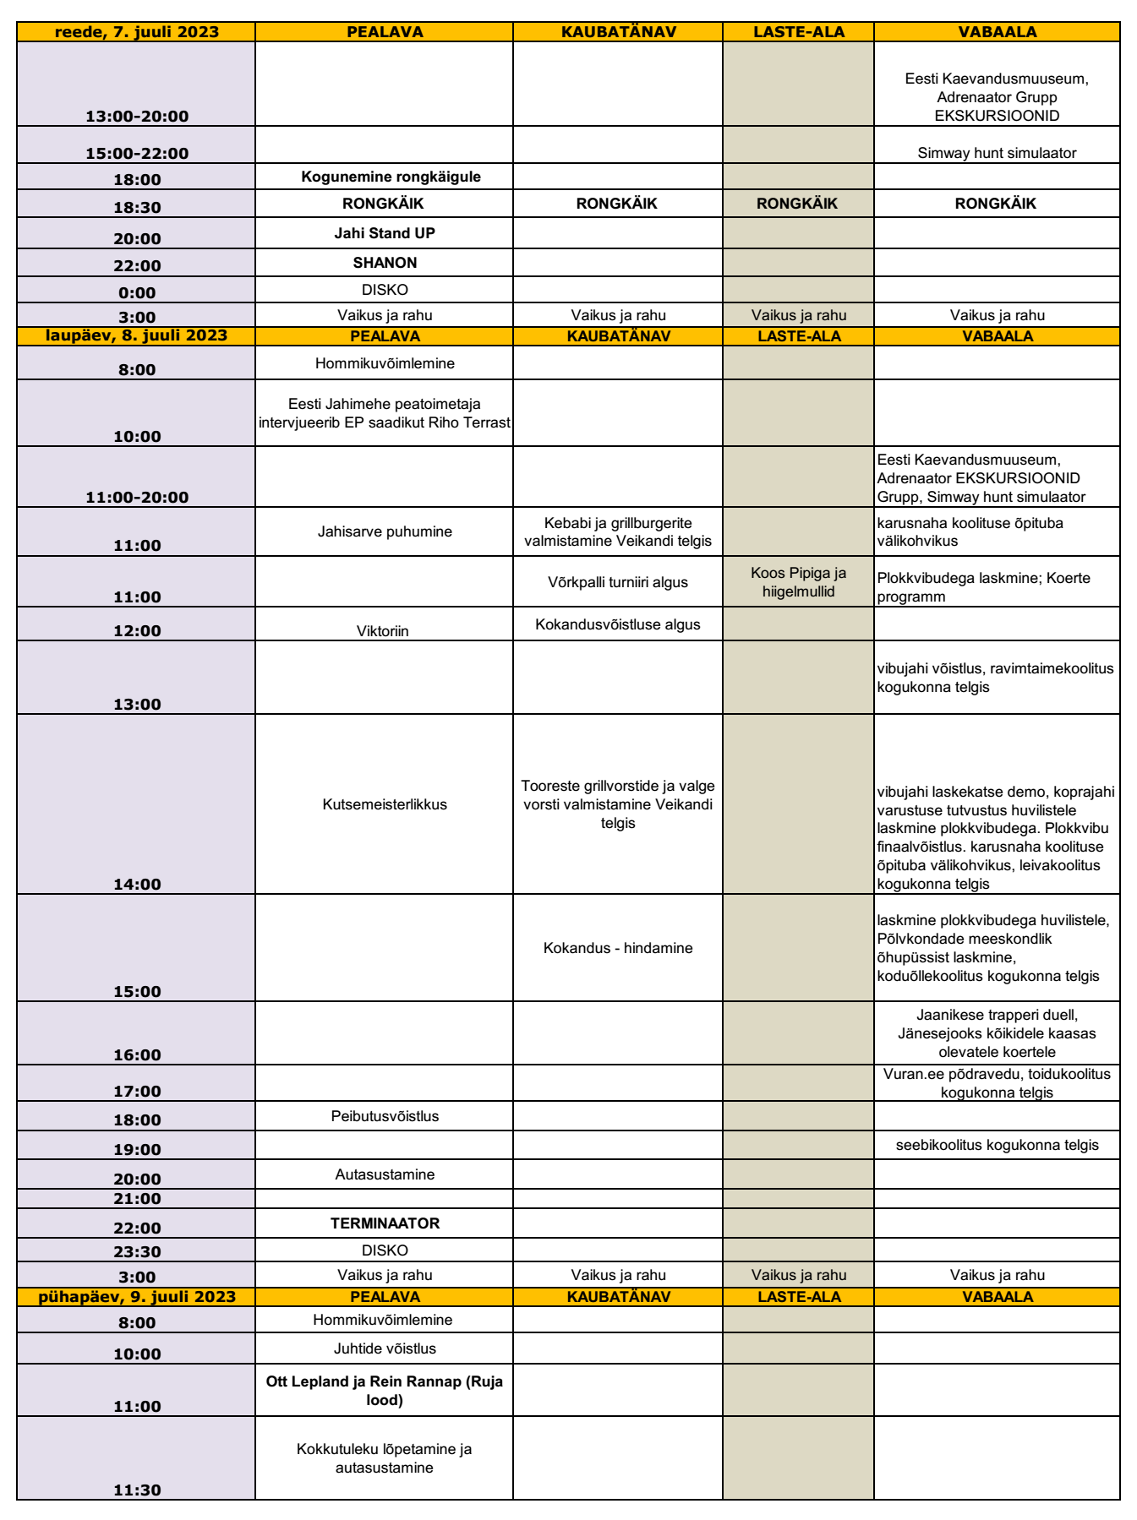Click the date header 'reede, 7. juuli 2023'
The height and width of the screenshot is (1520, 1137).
point(136,32)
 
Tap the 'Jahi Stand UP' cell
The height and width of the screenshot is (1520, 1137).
point(385,233)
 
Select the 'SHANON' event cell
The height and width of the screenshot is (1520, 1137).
point(385,263)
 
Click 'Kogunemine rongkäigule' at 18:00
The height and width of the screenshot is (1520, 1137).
point(391,177)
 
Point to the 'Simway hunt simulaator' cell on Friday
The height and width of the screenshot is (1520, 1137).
point(997,153)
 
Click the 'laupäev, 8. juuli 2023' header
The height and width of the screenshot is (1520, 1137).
point(136,335)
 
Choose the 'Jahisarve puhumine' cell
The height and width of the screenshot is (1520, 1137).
point(385,531)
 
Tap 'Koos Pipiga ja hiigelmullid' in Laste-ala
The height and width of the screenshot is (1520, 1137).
point(798,582)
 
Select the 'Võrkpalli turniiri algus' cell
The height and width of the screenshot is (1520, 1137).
point(617,582)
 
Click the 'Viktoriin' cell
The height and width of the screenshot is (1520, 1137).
point(383,630)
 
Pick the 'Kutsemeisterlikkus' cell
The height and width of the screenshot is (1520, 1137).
point(385,804)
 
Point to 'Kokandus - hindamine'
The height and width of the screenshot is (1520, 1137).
point(617,948)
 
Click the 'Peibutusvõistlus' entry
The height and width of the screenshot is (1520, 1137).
point(385,1116)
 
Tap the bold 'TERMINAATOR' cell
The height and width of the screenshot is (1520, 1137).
point(385,1223)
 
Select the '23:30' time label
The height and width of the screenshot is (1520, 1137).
point(137,1252)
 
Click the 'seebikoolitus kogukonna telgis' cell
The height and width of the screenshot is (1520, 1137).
point(997,1145)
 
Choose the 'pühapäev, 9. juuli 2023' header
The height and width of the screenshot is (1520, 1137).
point(136,1297)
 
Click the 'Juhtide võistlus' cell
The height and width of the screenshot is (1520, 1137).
point(385,1348)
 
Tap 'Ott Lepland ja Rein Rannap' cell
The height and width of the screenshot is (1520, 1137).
point(385,1391)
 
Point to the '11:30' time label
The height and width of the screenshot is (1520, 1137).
point(137,1490)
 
